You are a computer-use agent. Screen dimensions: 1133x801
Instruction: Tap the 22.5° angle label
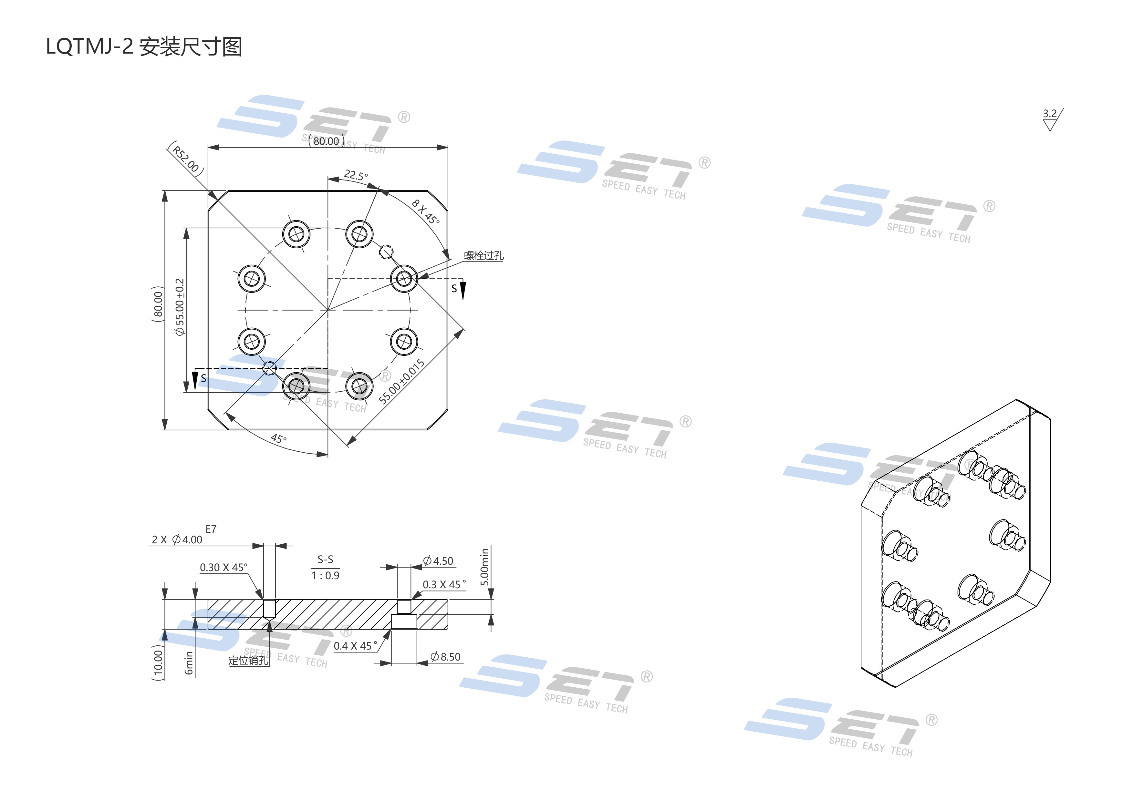click(356, 175)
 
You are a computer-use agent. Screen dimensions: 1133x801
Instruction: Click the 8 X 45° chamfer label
click(425, 211)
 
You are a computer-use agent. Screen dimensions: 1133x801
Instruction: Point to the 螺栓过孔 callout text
click(483, 255)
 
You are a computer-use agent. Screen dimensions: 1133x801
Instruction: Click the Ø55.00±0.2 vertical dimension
click(180, 307)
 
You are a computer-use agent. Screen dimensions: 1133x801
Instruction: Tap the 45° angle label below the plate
click(279, 438)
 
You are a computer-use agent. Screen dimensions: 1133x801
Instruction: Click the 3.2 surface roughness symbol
click(1052, 120)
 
